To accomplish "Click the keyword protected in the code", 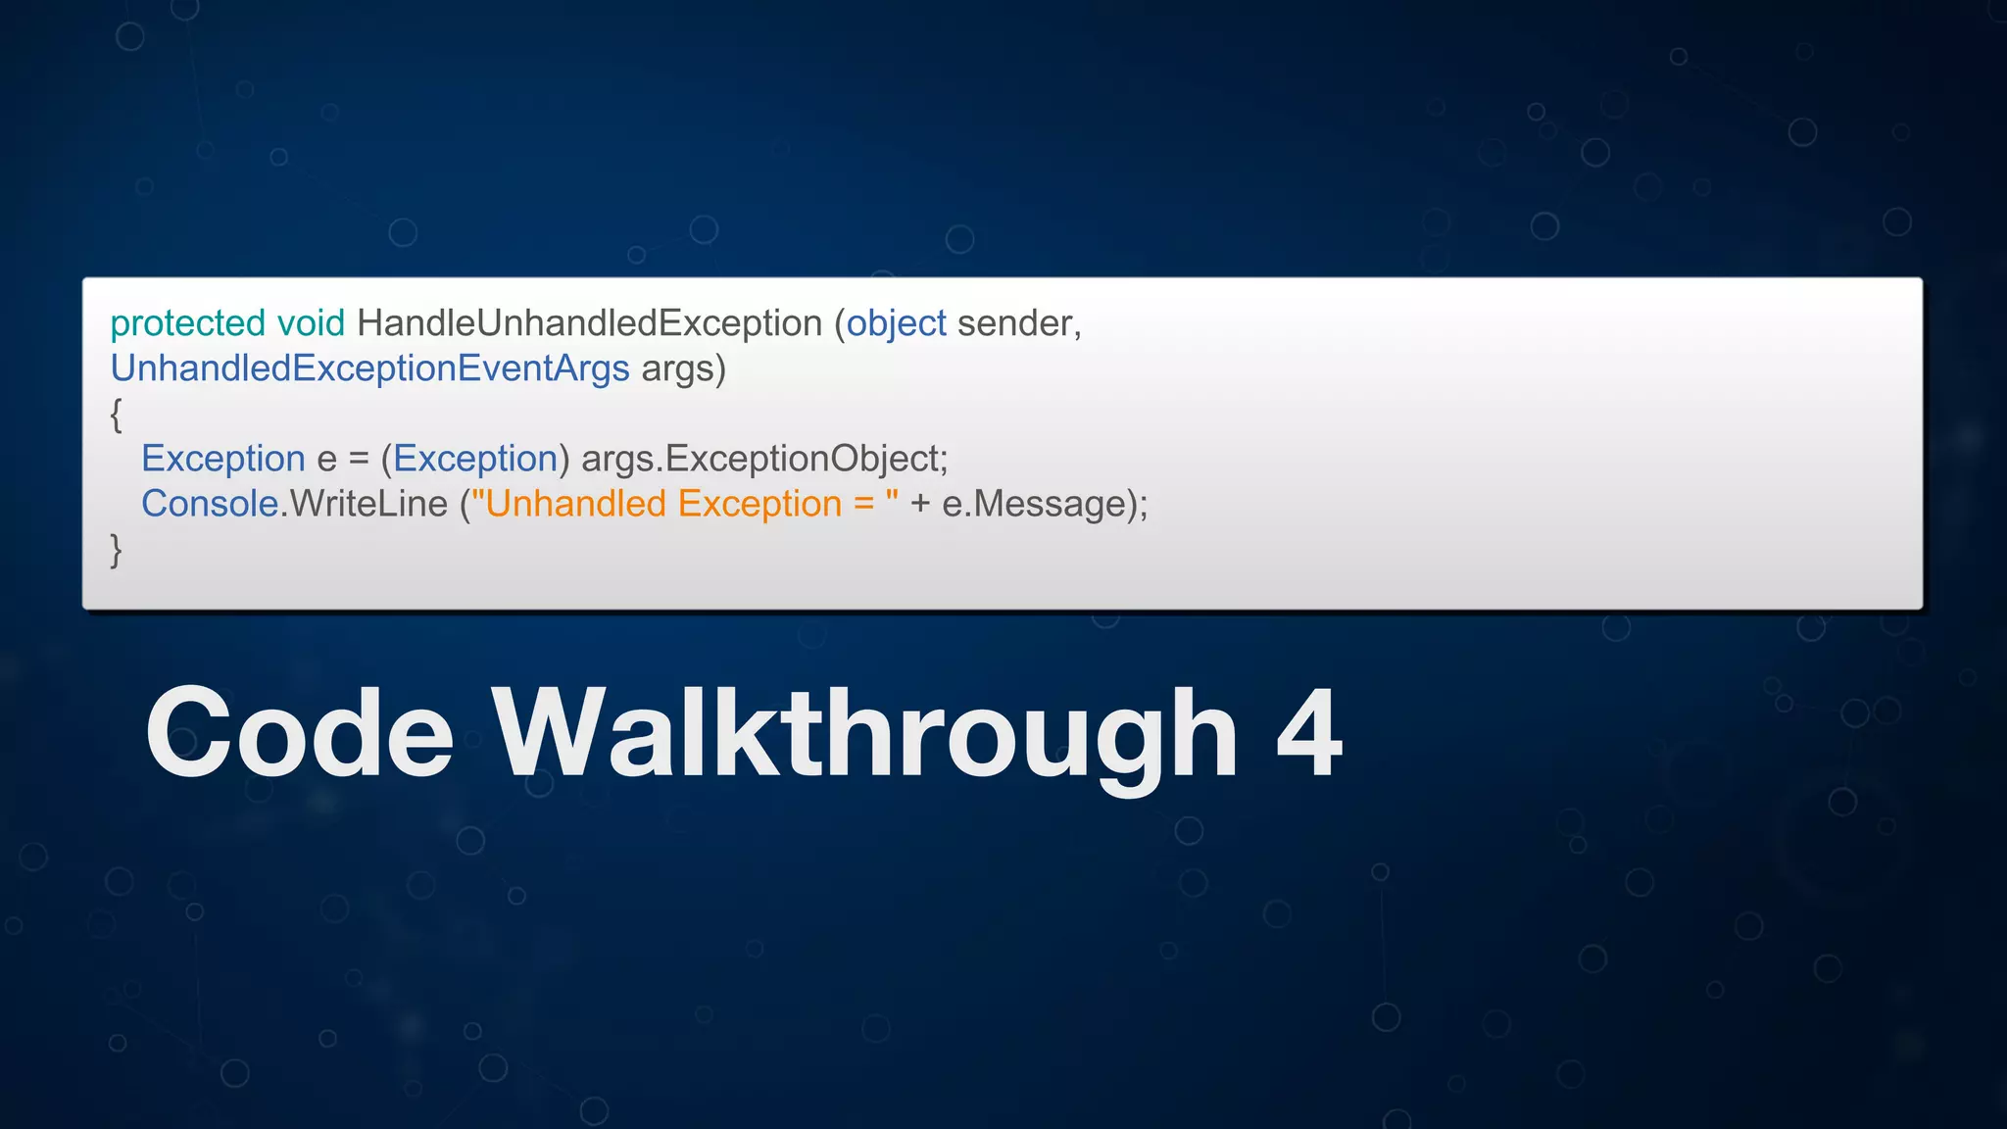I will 187,323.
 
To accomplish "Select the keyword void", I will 311,323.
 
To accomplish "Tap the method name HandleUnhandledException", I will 589,323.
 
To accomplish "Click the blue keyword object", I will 897,323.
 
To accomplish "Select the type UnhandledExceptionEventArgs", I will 369,368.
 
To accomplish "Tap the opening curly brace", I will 117,415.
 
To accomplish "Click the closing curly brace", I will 117,550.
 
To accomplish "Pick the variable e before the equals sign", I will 326,459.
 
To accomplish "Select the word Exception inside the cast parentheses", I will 475,459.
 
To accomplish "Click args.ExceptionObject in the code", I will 764,459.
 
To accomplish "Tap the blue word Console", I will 210,504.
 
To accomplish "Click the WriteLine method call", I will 368,504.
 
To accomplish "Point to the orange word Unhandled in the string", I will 576,504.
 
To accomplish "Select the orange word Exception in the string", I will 759,504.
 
